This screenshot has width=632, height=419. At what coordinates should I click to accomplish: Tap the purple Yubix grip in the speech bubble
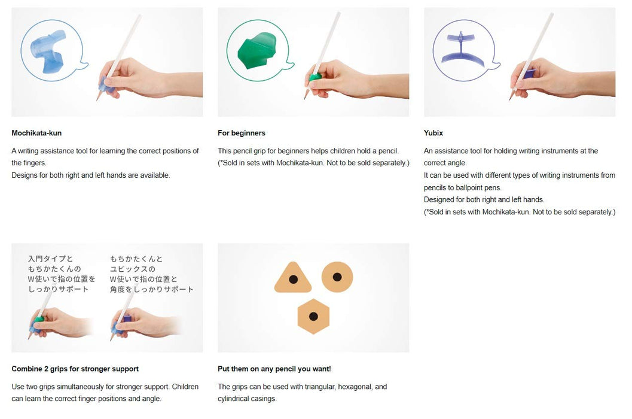(x=463, y=48)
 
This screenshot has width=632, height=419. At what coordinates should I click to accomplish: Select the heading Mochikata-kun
(x=36, y=133)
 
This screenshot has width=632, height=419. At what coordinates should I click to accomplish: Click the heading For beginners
(x=242, y=133)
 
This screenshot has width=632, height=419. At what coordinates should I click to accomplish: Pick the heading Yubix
(x=433, y=133)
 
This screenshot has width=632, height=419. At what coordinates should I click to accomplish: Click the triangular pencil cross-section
(x=293, y=279)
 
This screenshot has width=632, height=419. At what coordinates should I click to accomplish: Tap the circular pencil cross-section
(x=337, y=277)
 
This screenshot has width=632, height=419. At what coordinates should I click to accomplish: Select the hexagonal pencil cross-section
(x=313, y=316)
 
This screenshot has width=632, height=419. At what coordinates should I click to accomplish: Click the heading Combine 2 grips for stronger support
(x=75, y=369)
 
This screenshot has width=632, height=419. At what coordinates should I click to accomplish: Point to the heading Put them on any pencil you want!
(x=274, y=369)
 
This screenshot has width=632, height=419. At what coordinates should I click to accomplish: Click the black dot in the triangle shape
(x=294, y=280)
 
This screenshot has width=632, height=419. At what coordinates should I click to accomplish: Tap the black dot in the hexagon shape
(x=313, y=317)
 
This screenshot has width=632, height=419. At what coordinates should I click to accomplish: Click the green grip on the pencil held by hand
(x=313, y=77)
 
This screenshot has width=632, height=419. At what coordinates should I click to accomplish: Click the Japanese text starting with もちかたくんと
(x=152, y=274)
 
